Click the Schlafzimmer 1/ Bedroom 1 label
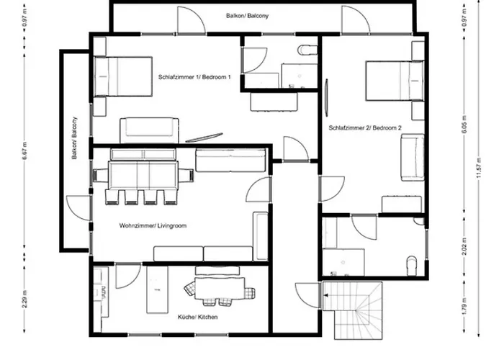tap(194, 77)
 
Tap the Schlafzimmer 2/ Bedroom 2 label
tap(365, 128)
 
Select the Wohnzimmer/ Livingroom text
tap(153, 225)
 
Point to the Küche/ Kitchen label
tap(198, 317)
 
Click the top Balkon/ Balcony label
tap(247, 16)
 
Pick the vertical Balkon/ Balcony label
tap(75, 138)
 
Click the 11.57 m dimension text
tap(479, 168)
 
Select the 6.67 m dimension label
tap(25, 150)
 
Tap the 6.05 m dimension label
tap(465, 124)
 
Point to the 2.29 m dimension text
tap(25, 299)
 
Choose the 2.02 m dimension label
tap(465, 247)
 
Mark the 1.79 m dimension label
tap(465, 307)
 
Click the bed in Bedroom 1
tap(123, 76)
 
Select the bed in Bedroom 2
tap(395, 81)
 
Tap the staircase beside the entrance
tap(353, 310)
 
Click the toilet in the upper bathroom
tap(307, 50)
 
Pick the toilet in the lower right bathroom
tap(412, 266)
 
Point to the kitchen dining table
tap(220, 288)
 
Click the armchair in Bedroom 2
tap(413, 158)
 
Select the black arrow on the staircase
tap(325, 295)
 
